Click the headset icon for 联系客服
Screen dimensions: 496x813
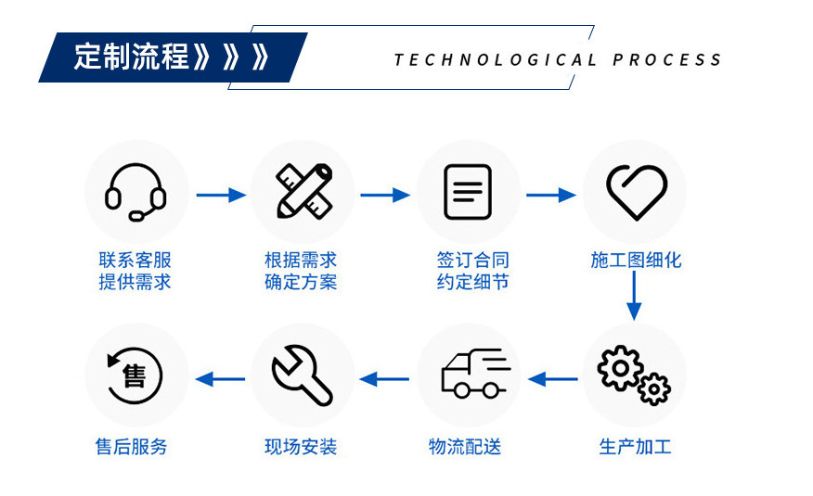pyautogui.click(x=135, y=192)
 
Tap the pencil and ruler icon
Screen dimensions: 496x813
pyautogui.click(x=303, y=192)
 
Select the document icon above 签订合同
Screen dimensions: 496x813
pyautogui.click(x=468, y=192)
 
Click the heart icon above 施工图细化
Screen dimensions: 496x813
pyautogui.click(x=636, y=192)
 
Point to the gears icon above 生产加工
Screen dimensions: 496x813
pyautogui.click(x=635, y=375)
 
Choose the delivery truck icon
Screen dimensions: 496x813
pyautogui.click(x=471, y=375)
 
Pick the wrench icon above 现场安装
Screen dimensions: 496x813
pyautogui.click(x=303, y=375)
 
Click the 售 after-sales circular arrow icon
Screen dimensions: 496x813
pyautogui.click(x=135, y=375)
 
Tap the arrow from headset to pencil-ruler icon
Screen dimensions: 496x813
pyautogui.click(x=220, y=195)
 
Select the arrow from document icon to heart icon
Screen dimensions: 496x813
pyautogui.click(x=551, y=195)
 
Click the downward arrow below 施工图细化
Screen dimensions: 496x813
pyautogui.click(x=635, y=297)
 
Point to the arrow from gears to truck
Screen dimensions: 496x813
pyautogui.click(x=552, y=378)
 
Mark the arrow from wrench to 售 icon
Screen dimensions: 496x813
pyautogui.click(x=220, y=378)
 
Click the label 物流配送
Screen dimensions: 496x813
pyautogui.click(x=465, y=447)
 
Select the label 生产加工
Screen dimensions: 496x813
pyautogui.click(x=635, y=447)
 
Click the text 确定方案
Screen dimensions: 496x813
pyautogui.click(x=301, y=282)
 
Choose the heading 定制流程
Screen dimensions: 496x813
pyautogui.click(x=133, y=57)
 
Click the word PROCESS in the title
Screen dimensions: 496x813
pyautogui.click(x=667, y=60)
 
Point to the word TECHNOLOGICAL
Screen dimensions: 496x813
pyautogui.click(x=496, y=60)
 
